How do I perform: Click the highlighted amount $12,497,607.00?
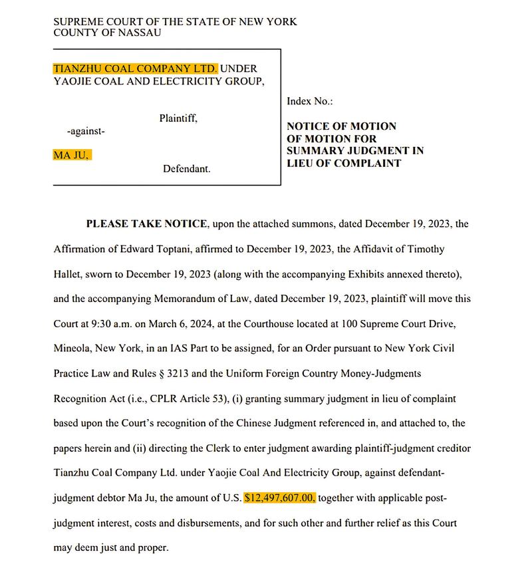280,498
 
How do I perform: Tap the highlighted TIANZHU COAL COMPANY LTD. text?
135,68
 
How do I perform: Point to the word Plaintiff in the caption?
178,118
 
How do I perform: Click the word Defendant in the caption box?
187,170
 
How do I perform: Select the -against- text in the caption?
86,132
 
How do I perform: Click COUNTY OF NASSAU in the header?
107,33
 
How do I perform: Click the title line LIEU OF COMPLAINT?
344,163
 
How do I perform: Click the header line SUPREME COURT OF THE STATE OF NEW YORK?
175,22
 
